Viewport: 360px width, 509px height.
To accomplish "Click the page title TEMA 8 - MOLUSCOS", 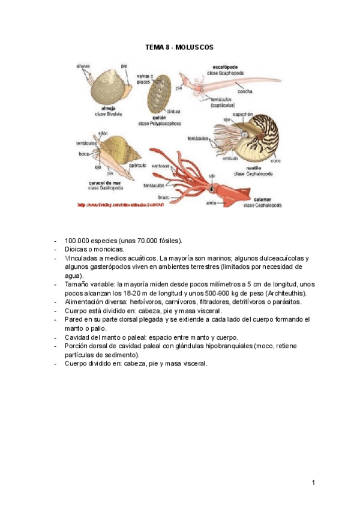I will [179, 46].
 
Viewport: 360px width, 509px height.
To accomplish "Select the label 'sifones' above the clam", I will [83, 65].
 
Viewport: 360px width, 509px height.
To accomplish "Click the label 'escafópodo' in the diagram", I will [224, 67].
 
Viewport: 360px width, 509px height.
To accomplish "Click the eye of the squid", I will [211, 188].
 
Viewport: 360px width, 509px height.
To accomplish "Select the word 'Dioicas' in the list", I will [77, 248].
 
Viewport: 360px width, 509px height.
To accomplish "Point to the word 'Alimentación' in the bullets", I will [86, 302].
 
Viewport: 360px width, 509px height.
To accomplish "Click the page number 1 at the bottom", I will [313, 482].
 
